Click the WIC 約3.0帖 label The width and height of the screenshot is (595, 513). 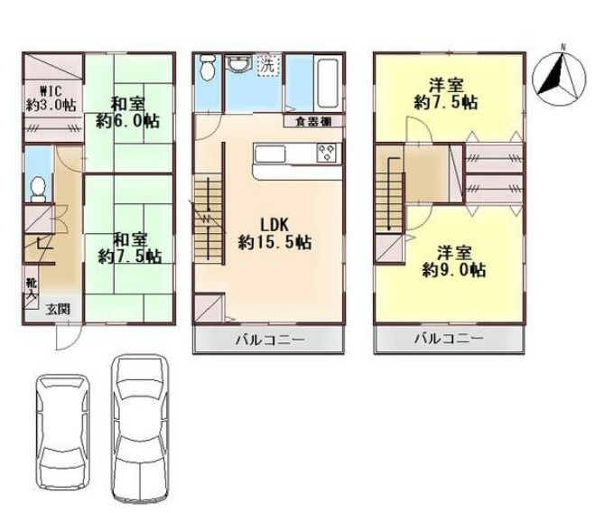[51, 98]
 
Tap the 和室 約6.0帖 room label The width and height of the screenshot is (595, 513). [127, 113]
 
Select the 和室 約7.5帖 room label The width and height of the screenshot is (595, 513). [130, 248]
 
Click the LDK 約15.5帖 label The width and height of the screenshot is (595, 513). [274, 234]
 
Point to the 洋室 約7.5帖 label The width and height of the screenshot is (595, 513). [446, 94]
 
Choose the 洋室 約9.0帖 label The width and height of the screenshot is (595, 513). [454, 262]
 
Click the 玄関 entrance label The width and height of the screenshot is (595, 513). [58, 310]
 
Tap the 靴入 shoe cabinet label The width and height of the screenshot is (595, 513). [31, 289]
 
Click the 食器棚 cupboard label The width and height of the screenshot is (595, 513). [313, 122]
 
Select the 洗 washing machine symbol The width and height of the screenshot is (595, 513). [268, 66]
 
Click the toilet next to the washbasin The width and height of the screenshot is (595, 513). [207, 67]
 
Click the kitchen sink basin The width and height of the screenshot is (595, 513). [269, 154]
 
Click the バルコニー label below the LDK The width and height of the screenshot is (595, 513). [270, 339]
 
